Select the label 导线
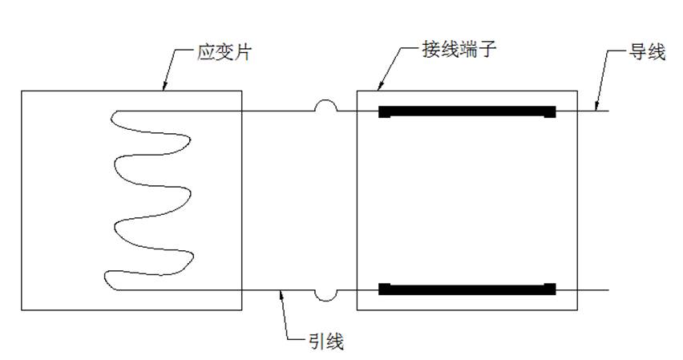(647, 54)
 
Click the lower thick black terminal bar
(467, 289)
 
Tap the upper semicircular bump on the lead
(325, 105)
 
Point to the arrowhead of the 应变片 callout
(163, 88)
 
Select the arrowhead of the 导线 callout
(596, 107)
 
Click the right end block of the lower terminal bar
(550, 289)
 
